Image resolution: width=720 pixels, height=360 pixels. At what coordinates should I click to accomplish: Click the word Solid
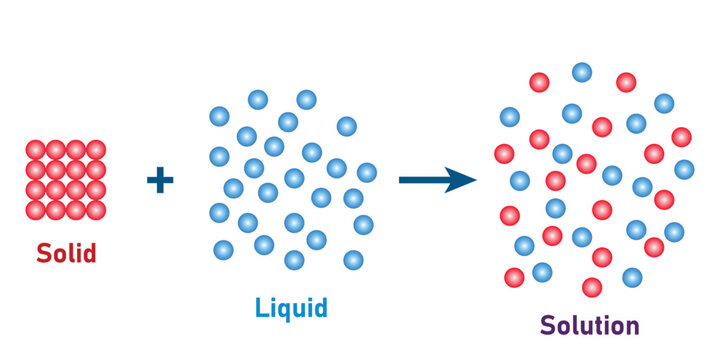[x=66, y=253]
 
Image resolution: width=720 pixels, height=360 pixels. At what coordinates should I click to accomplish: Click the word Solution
[x=589, y=325]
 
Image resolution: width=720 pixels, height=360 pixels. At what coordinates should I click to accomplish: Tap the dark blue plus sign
[x=160, y=181]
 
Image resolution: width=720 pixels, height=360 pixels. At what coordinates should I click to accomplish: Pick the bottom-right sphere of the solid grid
[x=96, y=210]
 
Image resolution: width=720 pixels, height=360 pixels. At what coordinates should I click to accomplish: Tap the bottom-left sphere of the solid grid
[x=35, y=210]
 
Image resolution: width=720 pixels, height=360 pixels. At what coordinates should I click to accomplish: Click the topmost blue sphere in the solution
[x=582, y=72]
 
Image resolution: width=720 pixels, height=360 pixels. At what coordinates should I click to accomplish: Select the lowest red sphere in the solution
[x=592, y=288]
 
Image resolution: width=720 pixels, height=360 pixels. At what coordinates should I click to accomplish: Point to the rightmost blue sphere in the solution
[x=684, y=169]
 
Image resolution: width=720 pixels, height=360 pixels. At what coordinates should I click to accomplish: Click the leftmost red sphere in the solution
[x=504, y=153]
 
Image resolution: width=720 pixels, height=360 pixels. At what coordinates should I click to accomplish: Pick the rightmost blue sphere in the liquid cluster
[x=367, y=172]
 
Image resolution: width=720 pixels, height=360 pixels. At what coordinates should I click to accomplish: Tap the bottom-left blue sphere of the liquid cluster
[x=223, y=249]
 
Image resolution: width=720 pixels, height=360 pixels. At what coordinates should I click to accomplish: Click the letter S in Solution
[x=549, y=325]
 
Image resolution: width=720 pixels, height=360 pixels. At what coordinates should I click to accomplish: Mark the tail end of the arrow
[x=402, y=180]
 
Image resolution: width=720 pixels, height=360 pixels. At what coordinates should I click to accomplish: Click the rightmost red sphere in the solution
[x=681, y=137]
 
